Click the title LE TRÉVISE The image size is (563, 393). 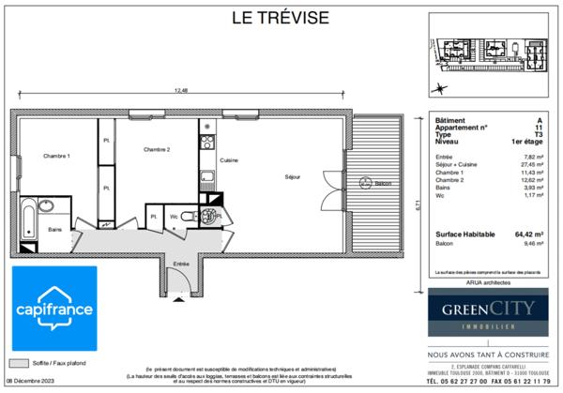tap(281, 18)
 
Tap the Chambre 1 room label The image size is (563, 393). tap(55, 155)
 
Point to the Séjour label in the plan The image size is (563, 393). tap(294, 175)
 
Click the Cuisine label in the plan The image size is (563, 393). tap(229, 160)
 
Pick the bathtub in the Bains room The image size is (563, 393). tap(26, 218)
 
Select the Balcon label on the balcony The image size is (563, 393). tap(383, 184)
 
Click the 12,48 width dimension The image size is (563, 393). tap(178, 90)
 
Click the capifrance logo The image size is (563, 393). tap(53, 309)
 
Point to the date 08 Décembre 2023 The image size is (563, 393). tap(38, 382)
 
